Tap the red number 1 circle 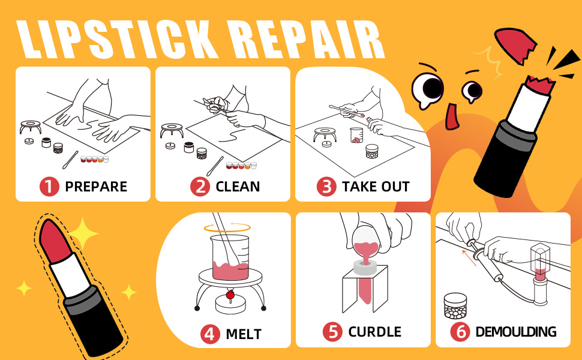click(50, 186)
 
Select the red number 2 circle click(200, 186)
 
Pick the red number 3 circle click(326, 186)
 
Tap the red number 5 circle click(332, 331)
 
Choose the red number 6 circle click(460, 331)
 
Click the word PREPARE click(96, 187)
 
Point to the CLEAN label click(238, 187)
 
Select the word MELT click(244, 334)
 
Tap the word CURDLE click(374, 332)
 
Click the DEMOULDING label click(515, 332)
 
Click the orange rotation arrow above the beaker click(226, 227)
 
